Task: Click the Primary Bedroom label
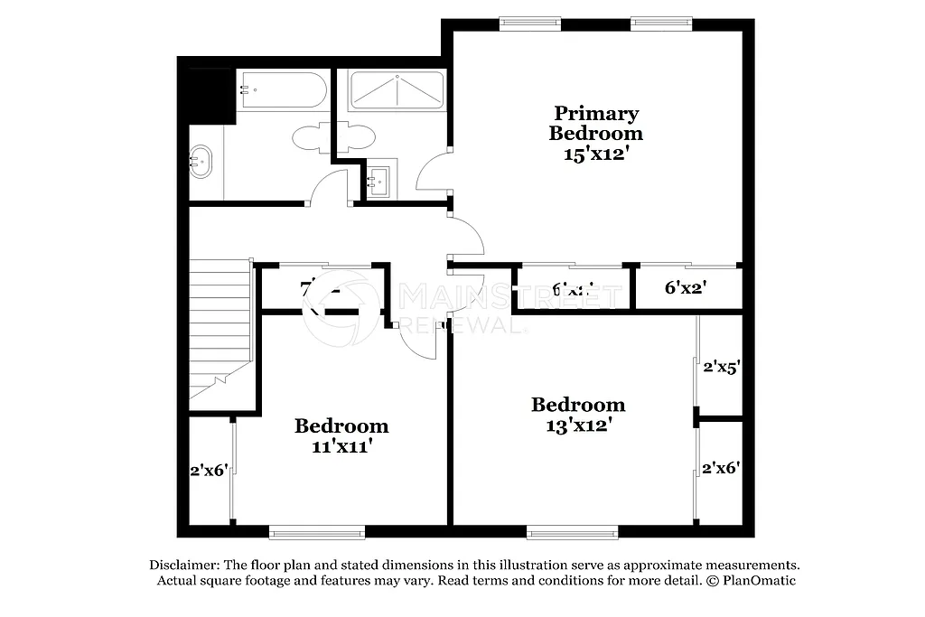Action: (x=595, y=123)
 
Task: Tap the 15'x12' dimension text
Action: (x=595, y=154)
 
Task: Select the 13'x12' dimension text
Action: (x=578, y=424)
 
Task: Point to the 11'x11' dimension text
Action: (x=341, y=445)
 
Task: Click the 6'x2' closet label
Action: (x=685, y=288)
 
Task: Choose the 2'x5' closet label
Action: (x=722, y=367)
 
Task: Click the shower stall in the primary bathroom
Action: (x=397, y=90)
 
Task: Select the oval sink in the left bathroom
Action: (x=201, y=162)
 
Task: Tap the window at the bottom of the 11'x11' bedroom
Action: (x=317, y=531)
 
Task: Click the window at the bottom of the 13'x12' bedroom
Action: (x=573, y=531)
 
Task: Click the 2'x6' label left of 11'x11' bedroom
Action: (x=208, y=470)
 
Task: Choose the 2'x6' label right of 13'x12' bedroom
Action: (x=722, y=468)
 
